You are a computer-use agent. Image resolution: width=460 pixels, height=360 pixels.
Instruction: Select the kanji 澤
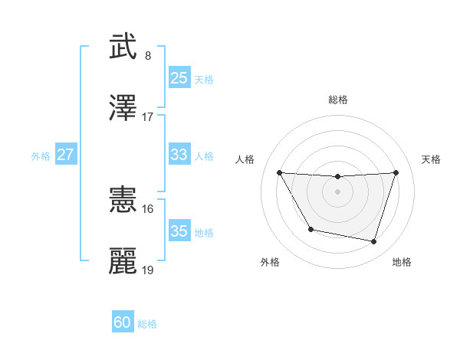123,108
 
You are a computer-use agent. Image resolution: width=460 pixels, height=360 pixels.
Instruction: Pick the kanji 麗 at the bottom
123,260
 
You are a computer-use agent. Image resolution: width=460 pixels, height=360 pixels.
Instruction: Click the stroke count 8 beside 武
148,56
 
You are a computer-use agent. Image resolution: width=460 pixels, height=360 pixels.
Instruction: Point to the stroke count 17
148,117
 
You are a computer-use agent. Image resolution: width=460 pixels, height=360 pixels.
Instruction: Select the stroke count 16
148,208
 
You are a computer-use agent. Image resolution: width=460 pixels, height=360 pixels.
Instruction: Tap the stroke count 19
148,270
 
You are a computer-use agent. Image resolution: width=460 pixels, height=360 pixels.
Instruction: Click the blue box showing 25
179,78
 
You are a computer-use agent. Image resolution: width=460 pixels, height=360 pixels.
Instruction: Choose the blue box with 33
179,155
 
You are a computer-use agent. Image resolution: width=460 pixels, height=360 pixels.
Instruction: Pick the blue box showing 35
179,231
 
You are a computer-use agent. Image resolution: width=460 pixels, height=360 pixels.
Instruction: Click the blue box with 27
66,155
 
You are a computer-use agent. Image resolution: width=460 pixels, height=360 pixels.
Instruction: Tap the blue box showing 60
123,322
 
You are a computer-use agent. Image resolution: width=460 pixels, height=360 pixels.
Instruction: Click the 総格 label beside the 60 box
148,324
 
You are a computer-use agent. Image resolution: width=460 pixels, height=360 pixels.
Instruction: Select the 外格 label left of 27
41,156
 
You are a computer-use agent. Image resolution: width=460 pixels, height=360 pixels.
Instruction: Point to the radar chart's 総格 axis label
338,100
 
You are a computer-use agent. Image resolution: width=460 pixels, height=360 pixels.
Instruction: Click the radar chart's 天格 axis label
432,159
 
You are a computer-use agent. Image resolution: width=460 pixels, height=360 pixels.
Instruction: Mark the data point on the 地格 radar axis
374,242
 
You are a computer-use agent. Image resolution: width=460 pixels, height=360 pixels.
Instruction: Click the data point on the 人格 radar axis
280,172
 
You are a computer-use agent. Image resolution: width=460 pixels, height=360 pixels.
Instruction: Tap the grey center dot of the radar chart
338,191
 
